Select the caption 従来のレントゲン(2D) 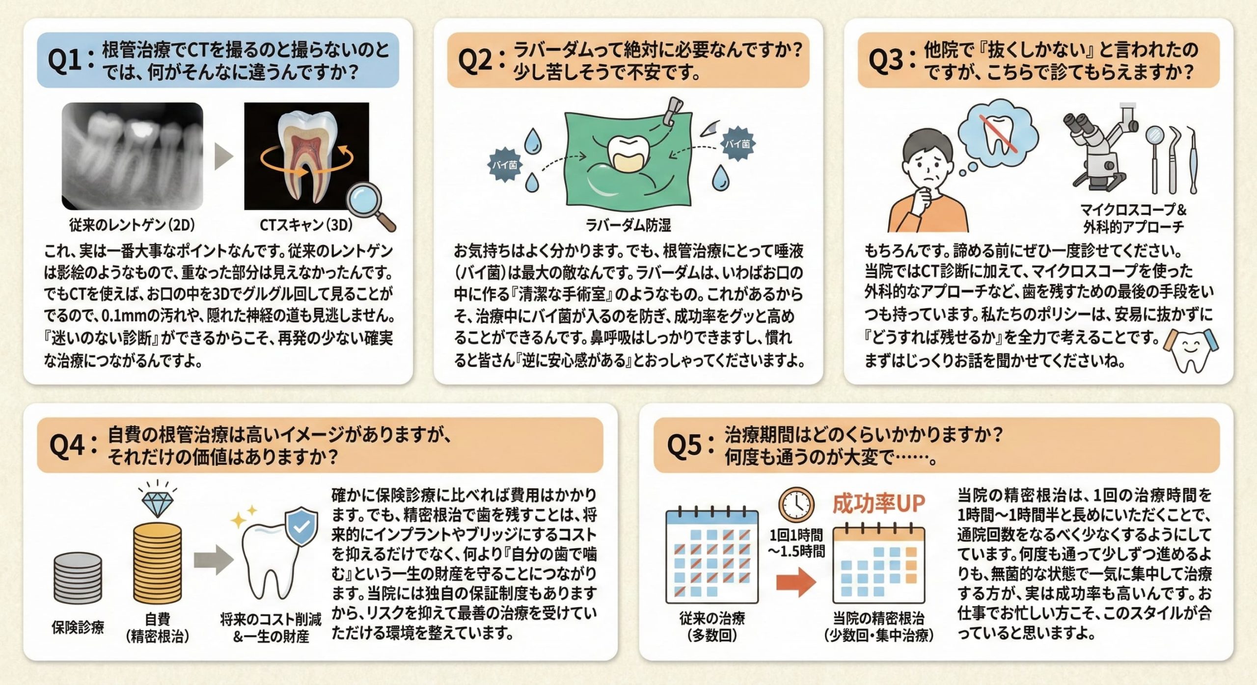pos(132,225)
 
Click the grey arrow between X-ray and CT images pos(223,157)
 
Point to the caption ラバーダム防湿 pos(628,225)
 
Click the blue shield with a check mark pos(301,527)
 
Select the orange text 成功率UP pos(878,504)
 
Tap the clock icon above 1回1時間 pos(796,504)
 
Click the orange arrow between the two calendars pos(796,582)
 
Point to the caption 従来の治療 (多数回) pos(712,626)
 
